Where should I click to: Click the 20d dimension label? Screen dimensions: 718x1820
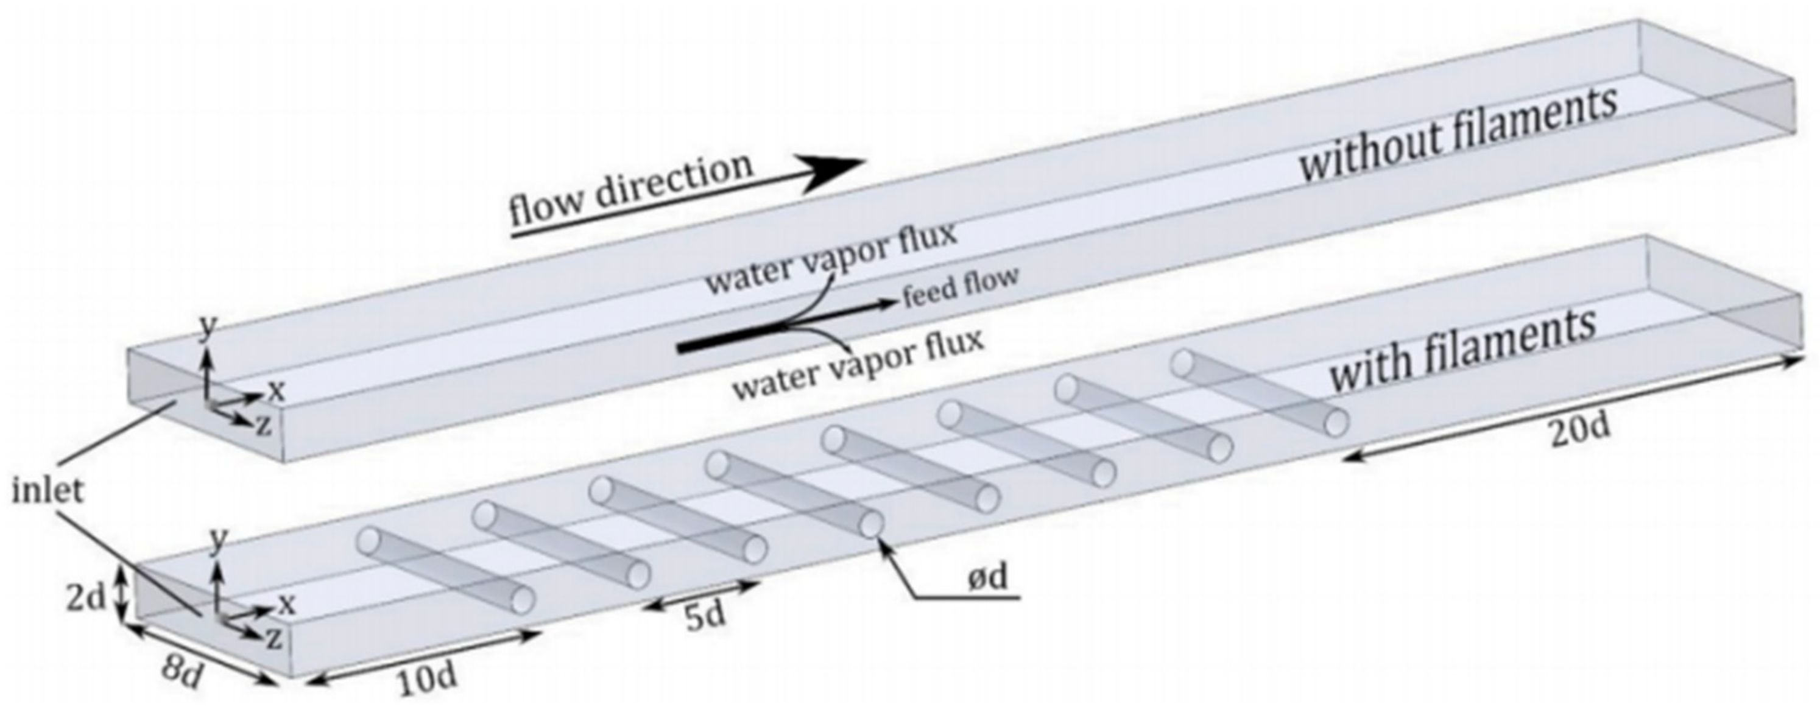(1581, 430)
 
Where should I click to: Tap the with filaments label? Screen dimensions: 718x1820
(1462, 353)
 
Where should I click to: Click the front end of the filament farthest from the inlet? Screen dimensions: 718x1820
(1335, 423)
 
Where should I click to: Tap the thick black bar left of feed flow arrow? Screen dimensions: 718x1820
(728, 339)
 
